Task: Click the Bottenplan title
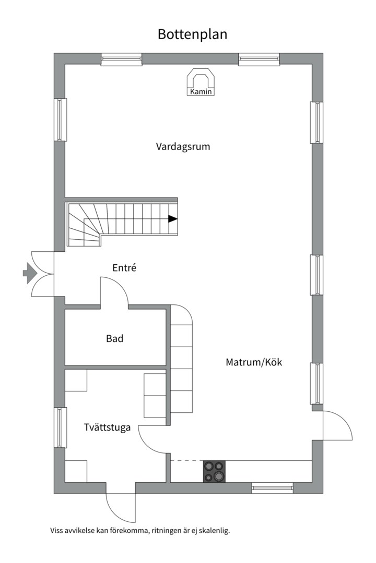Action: pyautogui.click(x=192, y=34)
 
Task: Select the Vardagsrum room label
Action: pyautogui.click(x=183, y=146)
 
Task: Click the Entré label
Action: pyautogui.click(x=124, y=268)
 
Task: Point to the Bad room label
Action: pyautogui.click(x=115, y=339)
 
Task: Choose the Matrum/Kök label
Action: pyautogui.click(x=254, y=362)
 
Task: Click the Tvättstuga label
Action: pyautogui.click(x=107, y=427)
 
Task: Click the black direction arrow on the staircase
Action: pyautogui.click(x=172, y=219)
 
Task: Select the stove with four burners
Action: pyautogui.click(x=214, y=472)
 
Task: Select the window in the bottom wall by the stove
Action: pyautogui.click(x=272, y=488)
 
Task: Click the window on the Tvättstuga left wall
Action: pyautogui.click(x=61, y=427)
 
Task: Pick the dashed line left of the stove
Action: pyautogui.click(x=186, y=461)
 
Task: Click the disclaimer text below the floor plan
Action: pyautogui.click(x=140, y=531)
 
